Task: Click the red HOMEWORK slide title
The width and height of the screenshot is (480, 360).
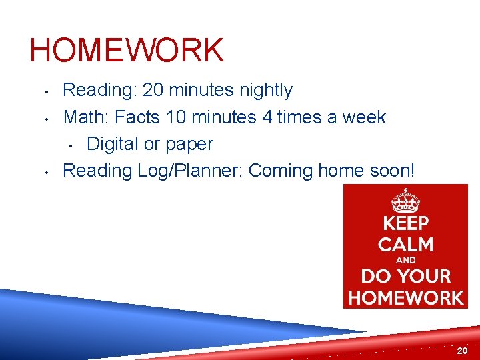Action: coord(127,51)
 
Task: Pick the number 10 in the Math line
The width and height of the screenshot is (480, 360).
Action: coord(176,117)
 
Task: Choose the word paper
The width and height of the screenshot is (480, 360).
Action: coord(189,145)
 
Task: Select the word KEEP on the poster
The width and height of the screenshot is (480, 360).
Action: coord(405,223)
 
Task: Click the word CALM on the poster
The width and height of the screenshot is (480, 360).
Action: coord(405,245)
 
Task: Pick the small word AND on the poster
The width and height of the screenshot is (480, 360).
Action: coord(405,260)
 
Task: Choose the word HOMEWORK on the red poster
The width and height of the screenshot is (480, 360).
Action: coord(405,297)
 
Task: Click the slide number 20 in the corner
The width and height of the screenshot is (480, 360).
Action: coord(462,351)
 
